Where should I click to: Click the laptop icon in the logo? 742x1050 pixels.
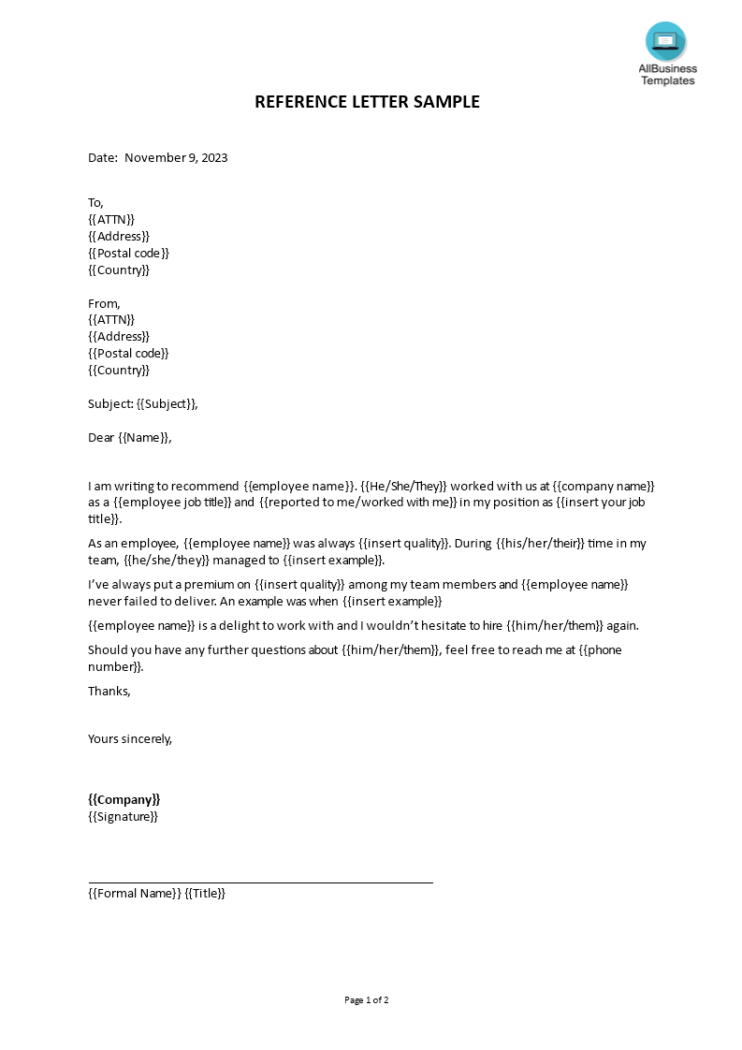(665, 41)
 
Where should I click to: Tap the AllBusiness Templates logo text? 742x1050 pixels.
(667, 75)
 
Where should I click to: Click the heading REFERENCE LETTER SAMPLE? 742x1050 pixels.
(367, 102)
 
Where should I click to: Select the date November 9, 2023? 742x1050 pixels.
(176, 157)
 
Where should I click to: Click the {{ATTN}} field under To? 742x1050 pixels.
(111, 219)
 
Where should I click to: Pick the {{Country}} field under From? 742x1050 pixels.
(119, 370)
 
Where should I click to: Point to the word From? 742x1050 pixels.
(103, 303)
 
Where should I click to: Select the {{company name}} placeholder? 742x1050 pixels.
(604, 487)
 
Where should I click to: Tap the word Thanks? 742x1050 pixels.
(109, 691)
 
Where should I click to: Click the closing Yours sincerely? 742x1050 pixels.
(130, 738)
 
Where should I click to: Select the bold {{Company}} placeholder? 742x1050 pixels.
(124, 799)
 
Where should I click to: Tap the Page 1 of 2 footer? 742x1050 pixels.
(366, 999)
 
